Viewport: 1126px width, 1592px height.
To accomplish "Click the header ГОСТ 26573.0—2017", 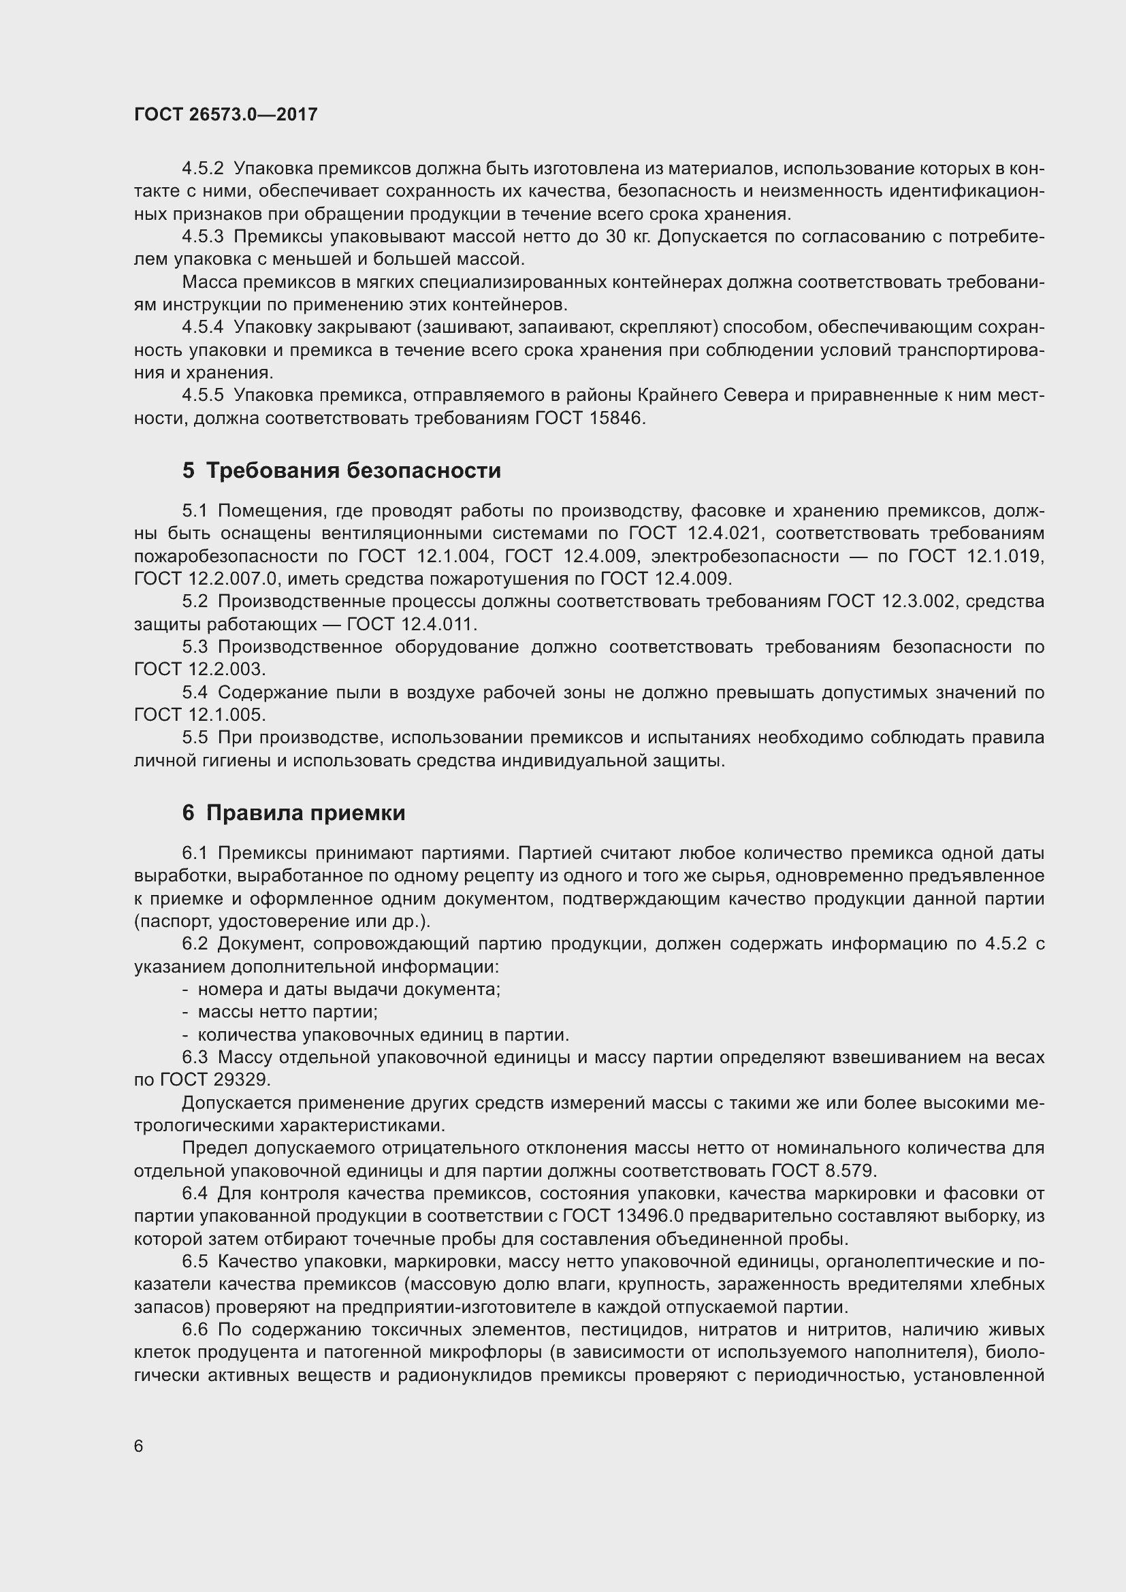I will [x=225, y=114].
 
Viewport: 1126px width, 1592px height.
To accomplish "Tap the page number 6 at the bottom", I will [x=139, y=1446].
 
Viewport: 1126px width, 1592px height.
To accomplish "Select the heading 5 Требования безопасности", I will [x=341, y=471].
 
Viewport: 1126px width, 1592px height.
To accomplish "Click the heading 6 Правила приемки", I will [x=293, y=813].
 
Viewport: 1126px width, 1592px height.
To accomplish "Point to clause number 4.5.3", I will [x=202, y=237].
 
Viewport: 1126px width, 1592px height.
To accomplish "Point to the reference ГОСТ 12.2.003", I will [x=199, y=670].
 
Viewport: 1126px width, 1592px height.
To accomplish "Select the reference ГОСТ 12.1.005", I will [x=199, y=715].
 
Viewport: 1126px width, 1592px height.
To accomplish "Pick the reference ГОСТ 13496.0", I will [x=623, y=1216].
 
